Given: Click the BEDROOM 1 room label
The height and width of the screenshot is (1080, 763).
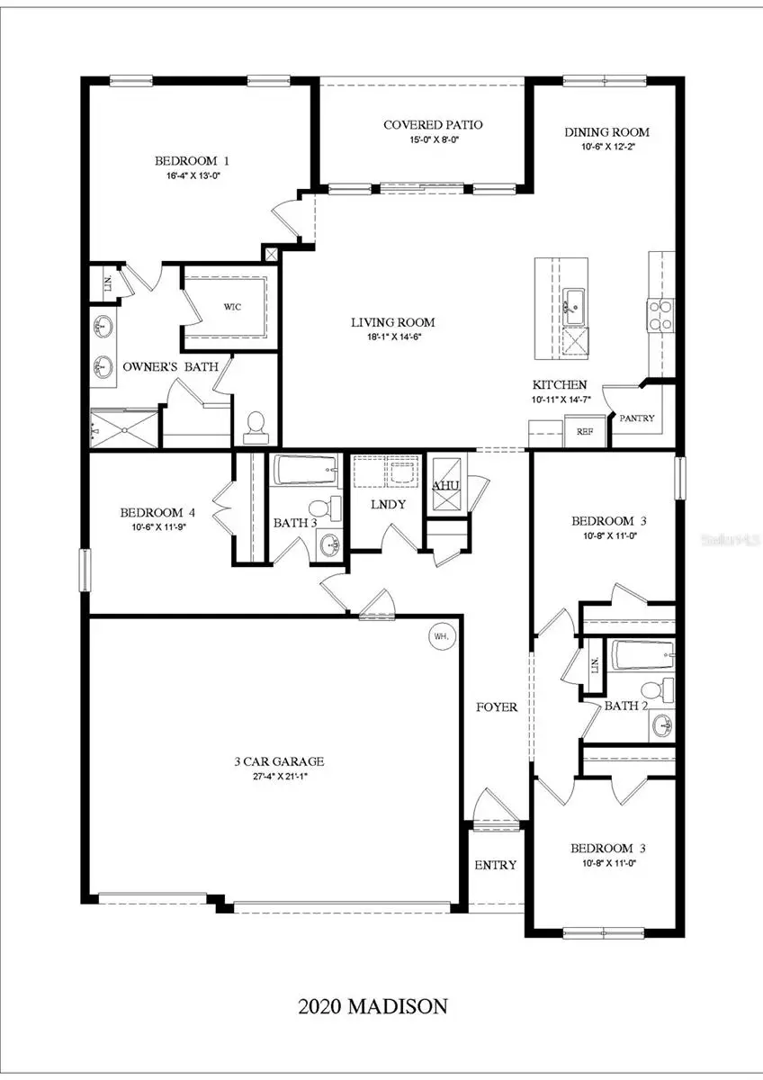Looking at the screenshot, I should pos(192,161).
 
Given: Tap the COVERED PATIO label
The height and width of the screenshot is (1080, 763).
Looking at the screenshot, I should pos(419,124).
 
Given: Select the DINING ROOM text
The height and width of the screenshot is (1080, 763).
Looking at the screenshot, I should pos(606,132).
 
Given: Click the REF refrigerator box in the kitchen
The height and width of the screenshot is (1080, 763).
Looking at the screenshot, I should pos(585,432).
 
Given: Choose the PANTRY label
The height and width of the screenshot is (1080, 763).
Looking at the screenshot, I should pos(636,418).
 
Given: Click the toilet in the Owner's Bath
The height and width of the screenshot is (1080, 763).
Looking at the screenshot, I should pos(256,427).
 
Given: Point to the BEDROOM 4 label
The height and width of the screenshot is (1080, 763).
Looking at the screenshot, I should pos(158,513).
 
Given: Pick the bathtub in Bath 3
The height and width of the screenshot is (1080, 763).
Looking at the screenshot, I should pos(306,470).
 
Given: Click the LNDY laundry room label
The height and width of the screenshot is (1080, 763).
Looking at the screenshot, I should pos(388,504).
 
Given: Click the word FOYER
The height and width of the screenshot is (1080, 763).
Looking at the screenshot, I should pos(497,706).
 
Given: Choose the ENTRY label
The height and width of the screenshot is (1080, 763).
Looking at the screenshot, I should pos(496,865).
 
